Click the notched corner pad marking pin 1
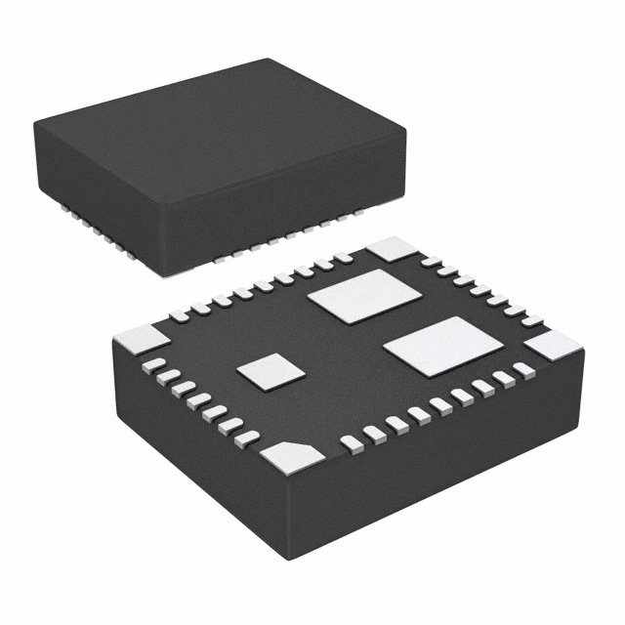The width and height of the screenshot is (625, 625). click(x=290, y=455)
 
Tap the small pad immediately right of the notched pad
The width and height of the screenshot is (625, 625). click(x=348, y=442)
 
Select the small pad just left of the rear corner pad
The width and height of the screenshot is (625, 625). click(x=343, y=258)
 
